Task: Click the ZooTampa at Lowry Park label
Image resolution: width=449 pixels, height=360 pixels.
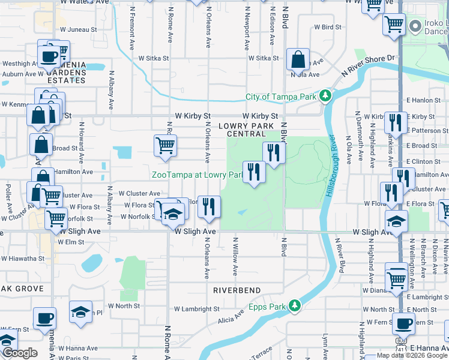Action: pyautogui.click(x=196, y=175)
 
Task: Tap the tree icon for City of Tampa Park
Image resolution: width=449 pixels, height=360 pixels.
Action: pyautogui.click(x=325, y=96)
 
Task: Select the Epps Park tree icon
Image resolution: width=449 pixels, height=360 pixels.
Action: pyautogui.click(x=294, y=306)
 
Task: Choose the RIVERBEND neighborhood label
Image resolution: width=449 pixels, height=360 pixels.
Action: pyautogui.click(x=237, y=290)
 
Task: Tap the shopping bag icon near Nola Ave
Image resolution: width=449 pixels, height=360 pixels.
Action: pyautogui.click(x=298, y=59)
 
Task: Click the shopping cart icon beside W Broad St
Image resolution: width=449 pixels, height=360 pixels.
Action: pyautogui.click(x=165, y=145)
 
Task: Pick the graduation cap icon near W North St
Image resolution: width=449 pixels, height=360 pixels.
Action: pyautogui.click(x=80, y=312)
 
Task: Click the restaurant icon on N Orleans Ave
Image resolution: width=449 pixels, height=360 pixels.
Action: pyautogui.click(x=209, y=206)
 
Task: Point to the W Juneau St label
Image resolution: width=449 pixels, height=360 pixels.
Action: pyautogui.click(x=76, y=29)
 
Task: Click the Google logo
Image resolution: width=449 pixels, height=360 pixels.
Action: pyautogui.click(x=19, y=353)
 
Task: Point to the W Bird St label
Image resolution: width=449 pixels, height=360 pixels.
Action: pyautogui.click(x=328, y=27)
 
